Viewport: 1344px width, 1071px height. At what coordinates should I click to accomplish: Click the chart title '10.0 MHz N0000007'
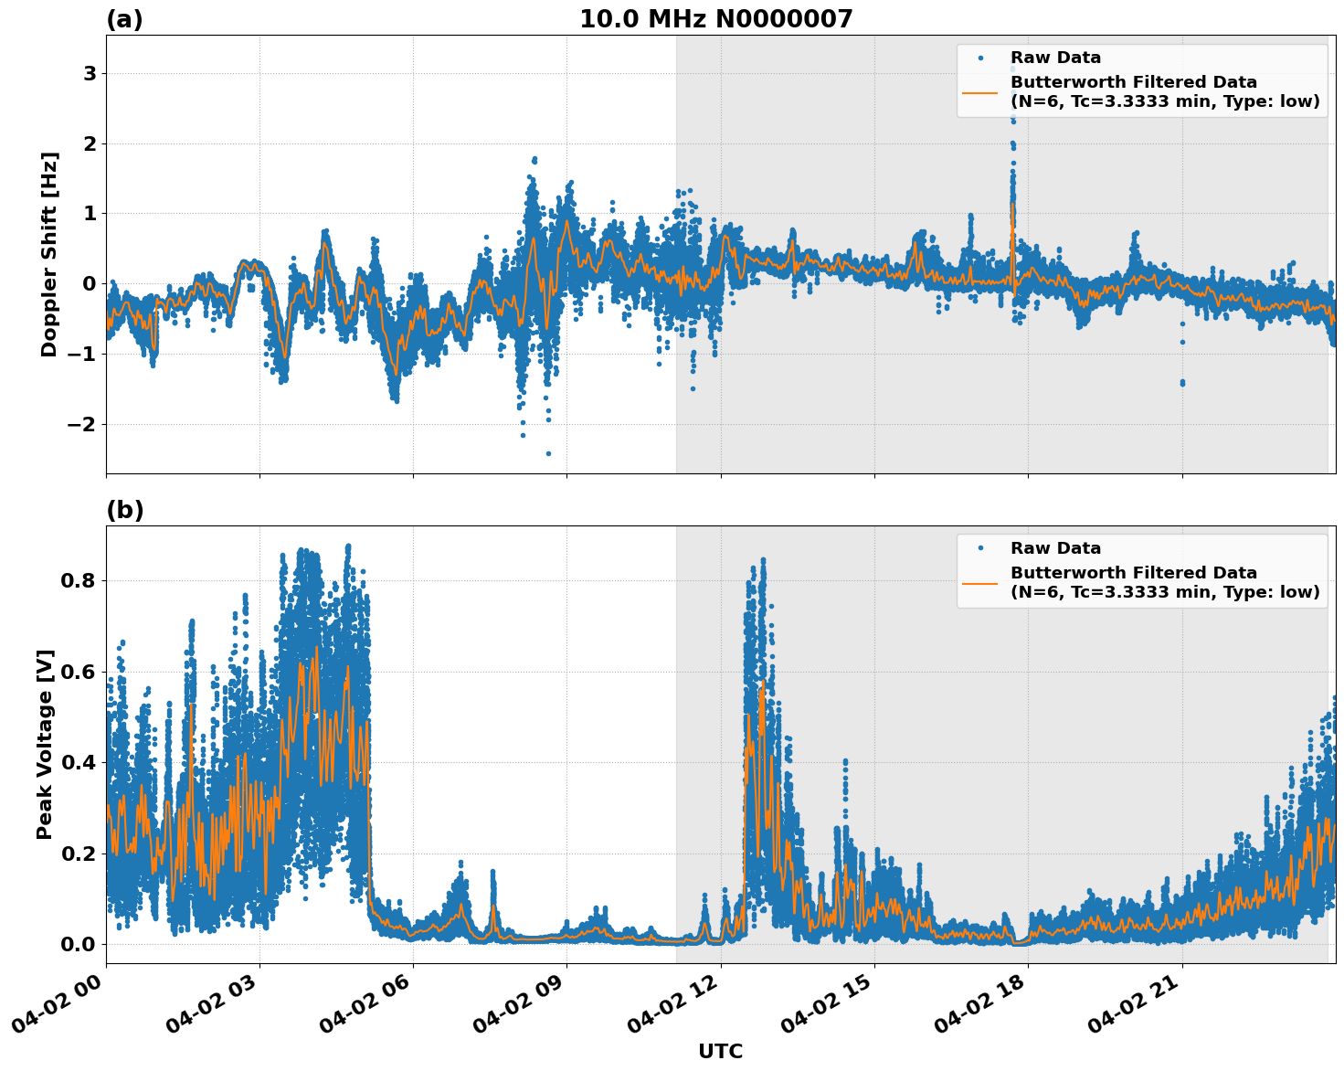(x=715, y=19)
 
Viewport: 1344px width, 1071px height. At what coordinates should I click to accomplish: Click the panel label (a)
(x=124, y=19)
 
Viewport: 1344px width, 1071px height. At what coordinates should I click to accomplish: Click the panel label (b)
(x=124, y=510)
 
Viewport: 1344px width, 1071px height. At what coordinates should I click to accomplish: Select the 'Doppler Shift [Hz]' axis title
(x=49, y=254)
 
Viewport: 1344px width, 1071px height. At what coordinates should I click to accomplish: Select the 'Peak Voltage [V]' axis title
(x=46, y=744)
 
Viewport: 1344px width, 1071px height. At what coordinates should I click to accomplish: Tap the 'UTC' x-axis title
(x=720, y=1051)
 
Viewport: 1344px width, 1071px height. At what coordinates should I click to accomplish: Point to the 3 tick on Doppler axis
(x=90, y=74)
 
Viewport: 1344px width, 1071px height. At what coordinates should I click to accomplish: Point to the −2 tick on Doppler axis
(x=82, y=425)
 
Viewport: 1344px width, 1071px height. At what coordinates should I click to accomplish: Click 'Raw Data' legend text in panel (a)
(x=1055, y=58)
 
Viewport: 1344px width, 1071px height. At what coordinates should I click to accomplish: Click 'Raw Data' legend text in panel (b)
(x=1055, y=548)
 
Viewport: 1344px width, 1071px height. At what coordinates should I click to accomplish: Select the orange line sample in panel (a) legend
(x=979, y=92)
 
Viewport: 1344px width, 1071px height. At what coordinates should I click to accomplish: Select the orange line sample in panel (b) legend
(x=979, y=583)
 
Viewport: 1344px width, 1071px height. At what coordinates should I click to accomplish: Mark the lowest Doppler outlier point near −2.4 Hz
(x=548, y=453)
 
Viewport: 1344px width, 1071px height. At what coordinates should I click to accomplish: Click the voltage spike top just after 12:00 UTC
(x=763, y=559)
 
